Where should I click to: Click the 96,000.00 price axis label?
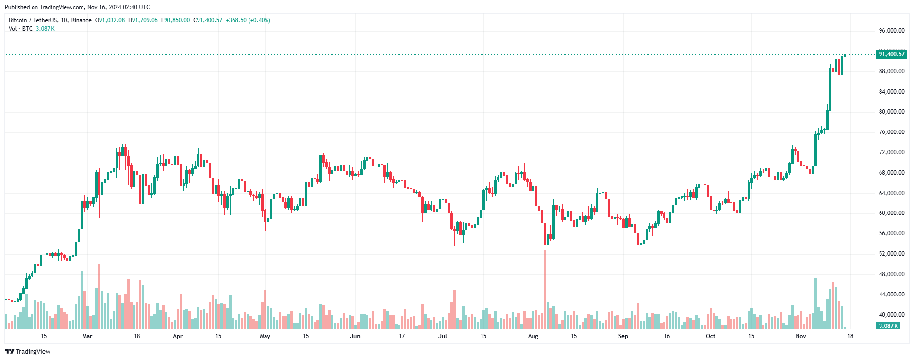[x=892, y=31]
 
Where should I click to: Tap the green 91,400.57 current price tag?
[x=892, y=54]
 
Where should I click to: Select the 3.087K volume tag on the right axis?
[x=888, y=326]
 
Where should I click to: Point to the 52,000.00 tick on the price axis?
[x=892, y=254]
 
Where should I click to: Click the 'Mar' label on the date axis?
[x=87, y=336]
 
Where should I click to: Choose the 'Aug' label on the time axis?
[x=533, y=336]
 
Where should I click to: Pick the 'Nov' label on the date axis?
[x=801, y=336]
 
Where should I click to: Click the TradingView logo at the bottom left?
[x=28, y=351]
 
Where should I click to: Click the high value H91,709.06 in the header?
[x=143, y=20]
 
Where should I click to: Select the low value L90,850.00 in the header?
[x=175, y=20]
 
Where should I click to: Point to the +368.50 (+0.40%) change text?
[x=248, y=20]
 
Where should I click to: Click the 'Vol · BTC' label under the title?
[x=20, y=29]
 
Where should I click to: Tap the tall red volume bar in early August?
[x=545, y=291]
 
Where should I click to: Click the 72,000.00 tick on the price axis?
[x=892, y=152]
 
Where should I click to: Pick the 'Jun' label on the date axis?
[x=355, y=336]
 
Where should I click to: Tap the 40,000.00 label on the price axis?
[x=892, y=315]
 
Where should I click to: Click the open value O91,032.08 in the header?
[x=110, y=20]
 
